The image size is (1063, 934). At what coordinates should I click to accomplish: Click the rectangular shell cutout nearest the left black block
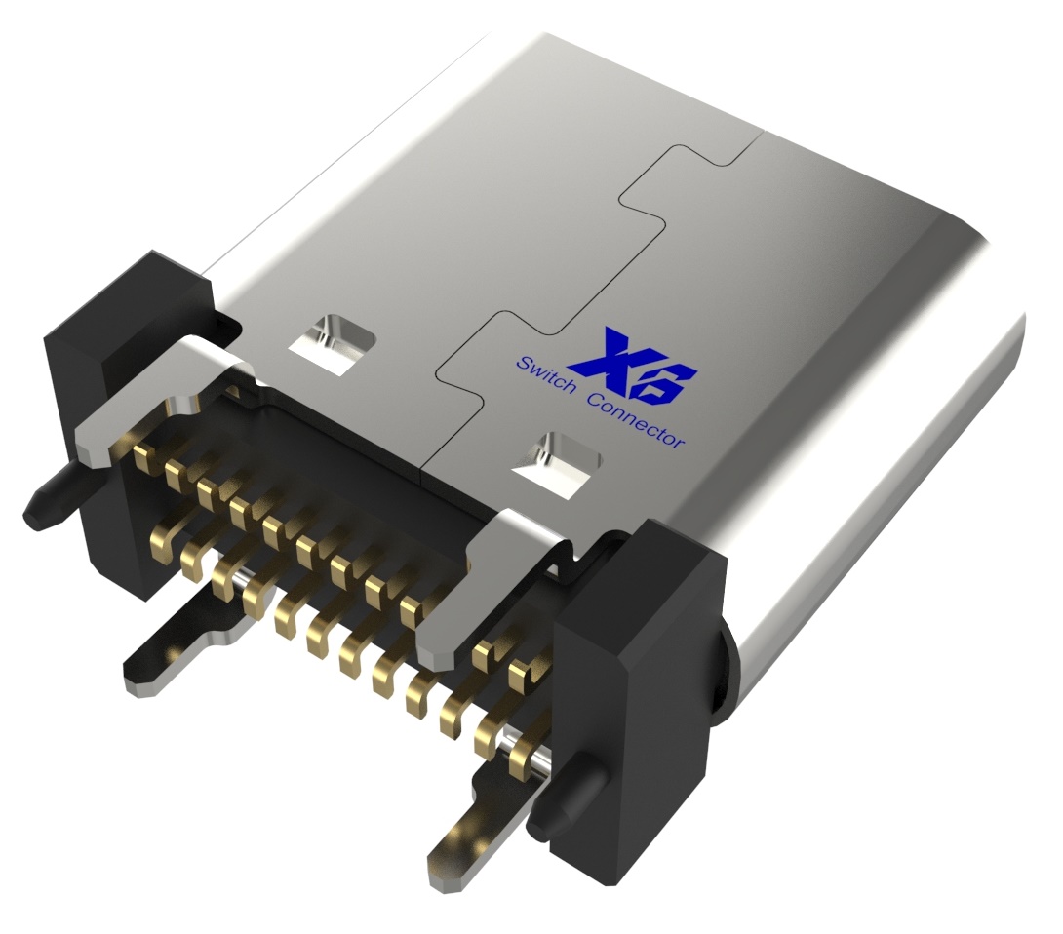(x=334, y=342)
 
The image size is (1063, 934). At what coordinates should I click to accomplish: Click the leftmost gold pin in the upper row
(x=146, y=453)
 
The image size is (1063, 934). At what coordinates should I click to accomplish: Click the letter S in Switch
(x=522, y=363)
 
